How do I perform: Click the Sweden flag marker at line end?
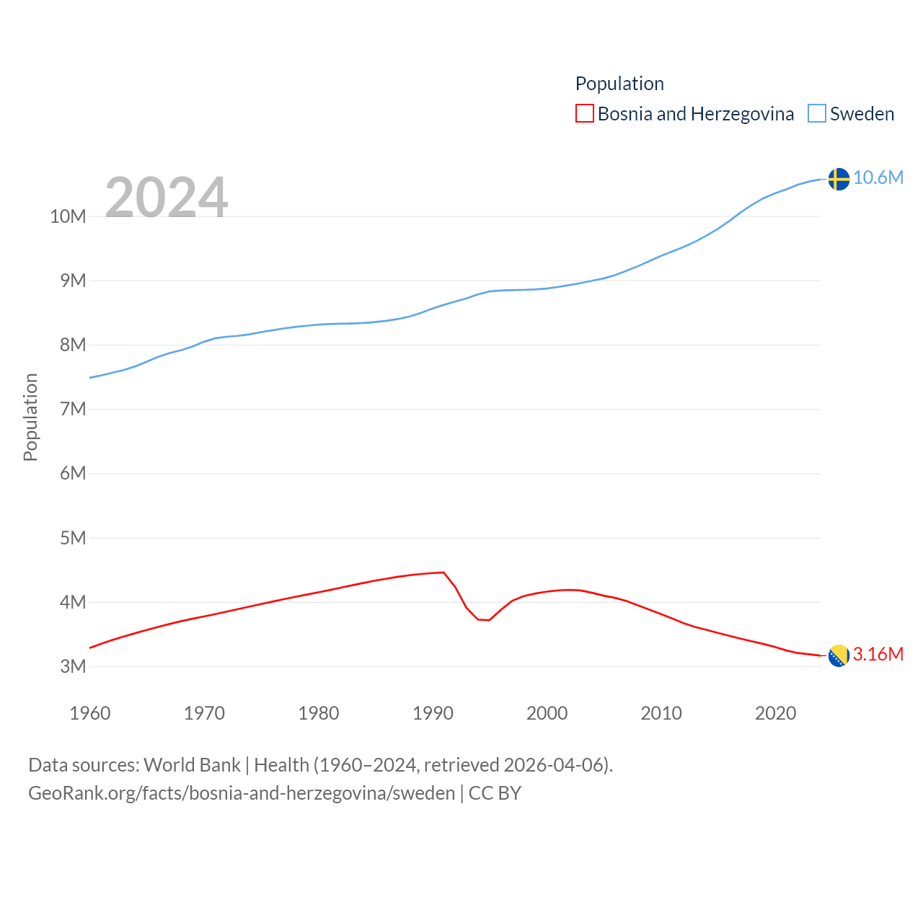(839, 179)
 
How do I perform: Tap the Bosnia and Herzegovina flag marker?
(839, 655)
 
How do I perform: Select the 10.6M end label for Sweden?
(878, 177)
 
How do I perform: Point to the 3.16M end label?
(878, 654)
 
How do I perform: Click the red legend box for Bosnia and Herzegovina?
(584, 114)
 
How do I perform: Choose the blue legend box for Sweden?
(816, 114)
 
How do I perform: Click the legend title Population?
(619, 84)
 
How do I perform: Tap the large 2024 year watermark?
(167, 197)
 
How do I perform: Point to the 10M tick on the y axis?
(68, 216)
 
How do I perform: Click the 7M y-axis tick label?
(73, 410)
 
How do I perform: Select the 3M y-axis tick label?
(73, 666)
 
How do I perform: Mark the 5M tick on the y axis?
(73, 538)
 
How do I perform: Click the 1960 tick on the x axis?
(90, 713)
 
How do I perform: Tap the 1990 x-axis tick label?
(433, 713)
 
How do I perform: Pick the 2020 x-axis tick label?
(775, 713)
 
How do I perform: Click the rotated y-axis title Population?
(30, 417)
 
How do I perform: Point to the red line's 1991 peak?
(443, 573)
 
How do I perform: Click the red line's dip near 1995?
(489, 619)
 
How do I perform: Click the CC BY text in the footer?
(495, 793)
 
